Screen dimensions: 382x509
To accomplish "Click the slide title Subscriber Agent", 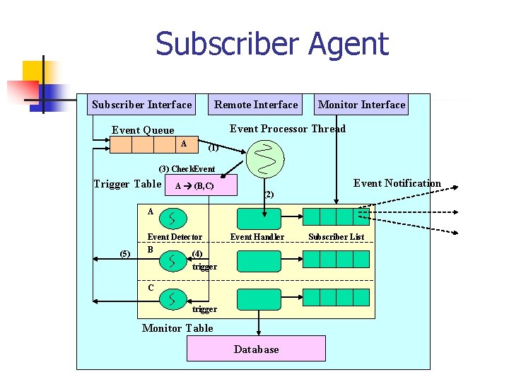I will tap(272, 44).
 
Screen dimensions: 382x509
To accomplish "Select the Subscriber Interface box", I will tap(142, 105).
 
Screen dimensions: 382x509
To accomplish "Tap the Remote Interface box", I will tap(256, 105).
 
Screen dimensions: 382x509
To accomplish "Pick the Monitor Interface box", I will tap(361, 105).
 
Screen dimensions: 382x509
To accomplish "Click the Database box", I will tap(256, 349).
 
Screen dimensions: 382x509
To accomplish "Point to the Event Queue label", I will tap(143, 130).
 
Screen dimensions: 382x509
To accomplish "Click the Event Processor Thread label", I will tap(288, 129).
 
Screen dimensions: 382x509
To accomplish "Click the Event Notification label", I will tap(397, 183).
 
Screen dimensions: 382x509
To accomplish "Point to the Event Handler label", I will tap(257, 237).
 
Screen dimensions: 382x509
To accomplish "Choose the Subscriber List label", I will tap(336, 237).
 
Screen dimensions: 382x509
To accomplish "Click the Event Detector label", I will tap(175, 237).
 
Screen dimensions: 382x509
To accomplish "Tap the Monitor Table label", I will tap(177, 328).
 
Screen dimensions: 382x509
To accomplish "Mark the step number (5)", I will tap(125, 254).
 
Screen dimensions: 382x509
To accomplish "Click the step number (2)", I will tap(268, 194).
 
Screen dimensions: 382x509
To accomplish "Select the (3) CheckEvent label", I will tap(187, 169).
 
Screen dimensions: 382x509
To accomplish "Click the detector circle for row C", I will tap(173, 299).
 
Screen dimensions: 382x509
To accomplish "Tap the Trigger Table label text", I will tap(127, 184).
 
